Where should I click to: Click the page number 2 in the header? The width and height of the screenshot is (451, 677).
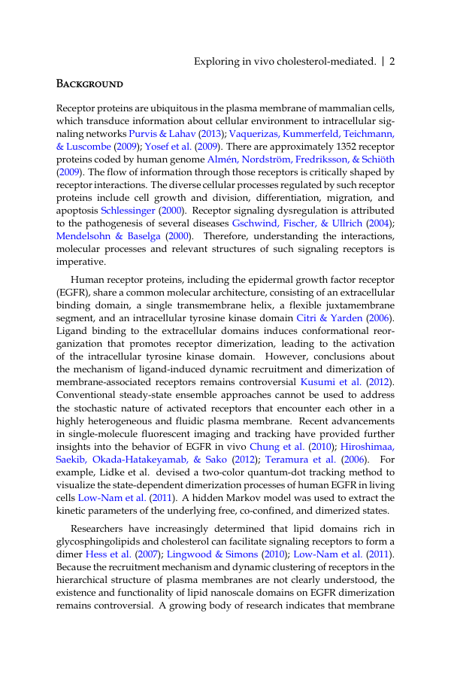pyautogui.click(x=392, y=61)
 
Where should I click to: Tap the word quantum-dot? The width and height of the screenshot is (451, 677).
pyautogui.click(x=255, y=471)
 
